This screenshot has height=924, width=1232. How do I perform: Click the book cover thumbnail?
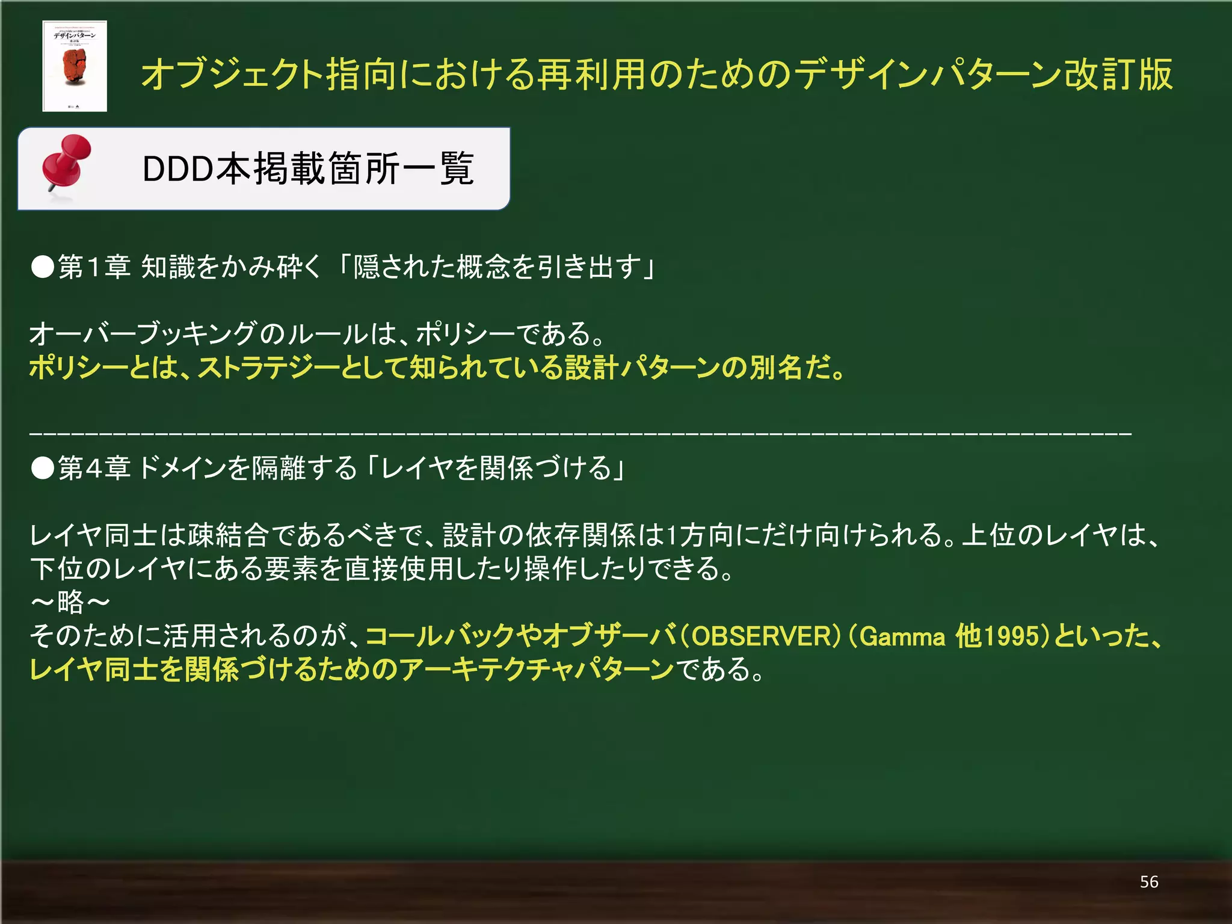[75, 66]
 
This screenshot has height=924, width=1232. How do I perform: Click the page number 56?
[1148, 882]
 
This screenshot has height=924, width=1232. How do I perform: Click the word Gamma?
[902, 636]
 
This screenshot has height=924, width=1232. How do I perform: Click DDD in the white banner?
[178, 169]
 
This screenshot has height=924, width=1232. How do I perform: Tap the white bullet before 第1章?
[43, 266]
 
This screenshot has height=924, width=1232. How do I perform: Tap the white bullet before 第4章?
[43, 468]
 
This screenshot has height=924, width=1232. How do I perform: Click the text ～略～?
[70, 602]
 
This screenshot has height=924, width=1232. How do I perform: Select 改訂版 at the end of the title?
[1118, 75]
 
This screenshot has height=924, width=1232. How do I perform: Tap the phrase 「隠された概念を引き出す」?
[497, 266]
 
